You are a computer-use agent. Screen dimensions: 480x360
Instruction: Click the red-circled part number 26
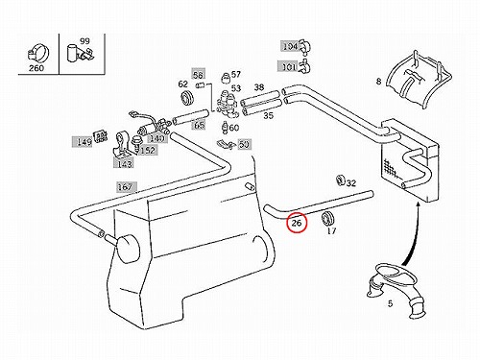tap(297, 223)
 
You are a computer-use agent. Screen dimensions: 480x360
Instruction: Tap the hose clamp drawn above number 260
tap(38, 54)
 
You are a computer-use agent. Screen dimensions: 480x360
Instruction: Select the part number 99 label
tap(84, 41)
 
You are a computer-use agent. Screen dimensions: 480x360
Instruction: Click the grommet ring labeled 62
tap(186, 97)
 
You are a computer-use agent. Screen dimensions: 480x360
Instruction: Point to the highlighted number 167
tap(125, 186)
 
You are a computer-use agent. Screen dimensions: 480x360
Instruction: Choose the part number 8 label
tap(378, 82)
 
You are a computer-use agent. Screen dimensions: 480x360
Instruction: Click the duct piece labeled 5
tap(396, 288)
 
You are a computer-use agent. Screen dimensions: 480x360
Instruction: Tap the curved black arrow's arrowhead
tap(419, 204)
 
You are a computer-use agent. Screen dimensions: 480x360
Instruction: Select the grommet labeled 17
tap(327, 218)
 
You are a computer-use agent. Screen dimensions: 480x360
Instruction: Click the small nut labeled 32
tap(340, 180)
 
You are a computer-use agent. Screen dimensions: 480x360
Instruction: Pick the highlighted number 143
tap(125, 164)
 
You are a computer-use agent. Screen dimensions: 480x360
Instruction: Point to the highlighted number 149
tap(83, 141)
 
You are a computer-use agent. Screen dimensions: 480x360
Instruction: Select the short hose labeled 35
tap(262, 108)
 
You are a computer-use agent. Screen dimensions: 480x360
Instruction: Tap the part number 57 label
tap(235, 74)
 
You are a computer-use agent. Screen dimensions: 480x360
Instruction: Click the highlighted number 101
tap(289, 67)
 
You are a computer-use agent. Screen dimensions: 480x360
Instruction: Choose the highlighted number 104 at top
tap(290, 46)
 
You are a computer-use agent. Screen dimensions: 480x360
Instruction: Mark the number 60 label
tap(234, 128)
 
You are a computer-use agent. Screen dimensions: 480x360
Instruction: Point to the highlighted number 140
tap(157, 138)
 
